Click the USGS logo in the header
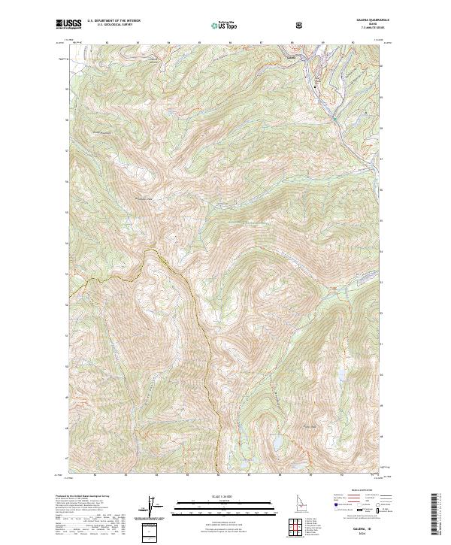[68, 24]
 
